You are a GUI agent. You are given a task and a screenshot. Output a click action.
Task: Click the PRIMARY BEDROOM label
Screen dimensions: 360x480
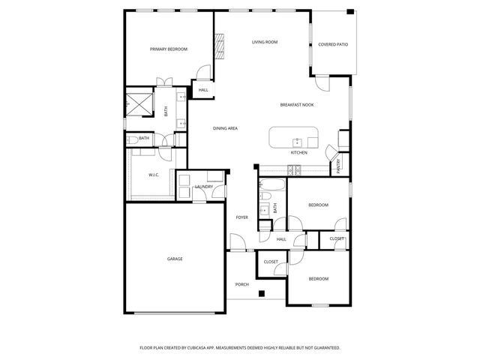(x=169, y=49)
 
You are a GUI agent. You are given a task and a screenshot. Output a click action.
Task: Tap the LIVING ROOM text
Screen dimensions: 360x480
(x=265, y=42)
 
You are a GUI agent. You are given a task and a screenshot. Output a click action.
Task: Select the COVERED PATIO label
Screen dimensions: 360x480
(x=333, y=45)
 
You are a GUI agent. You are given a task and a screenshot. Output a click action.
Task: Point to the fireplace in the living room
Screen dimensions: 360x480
(x=220, y=46)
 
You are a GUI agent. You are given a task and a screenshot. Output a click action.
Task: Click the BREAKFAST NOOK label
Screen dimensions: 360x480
(x=297, y=105)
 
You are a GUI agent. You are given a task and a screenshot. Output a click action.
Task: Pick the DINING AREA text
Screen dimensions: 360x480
(x=225, y=129)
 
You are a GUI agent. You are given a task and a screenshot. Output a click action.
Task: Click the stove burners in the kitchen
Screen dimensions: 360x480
(x=295, y=169)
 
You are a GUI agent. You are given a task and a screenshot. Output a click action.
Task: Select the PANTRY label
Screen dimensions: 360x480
(x=338, y=166)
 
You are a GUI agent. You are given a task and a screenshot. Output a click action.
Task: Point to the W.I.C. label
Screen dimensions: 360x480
(x=154, y=175)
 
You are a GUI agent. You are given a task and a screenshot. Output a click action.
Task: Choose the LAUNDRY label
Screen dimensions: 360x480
(x=204, y=187)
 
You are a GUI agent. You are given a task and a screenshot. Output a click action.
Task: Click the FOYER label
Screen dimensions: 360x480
(x=242, y=217)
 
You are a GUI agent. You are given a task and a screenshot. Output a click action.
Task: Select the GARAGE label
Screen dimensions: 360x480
(x=175, y=259)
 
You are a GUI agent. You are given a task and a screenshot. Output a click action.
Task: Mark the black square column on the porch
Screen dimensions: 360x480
(x=261, y=293)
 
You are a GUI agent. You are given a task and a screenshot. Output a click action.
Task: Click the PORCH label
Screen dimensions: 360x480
(x=242, y=284)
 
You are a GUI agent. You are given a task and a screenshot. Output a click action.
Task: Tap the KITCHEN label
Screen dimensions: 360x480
(x=299, y=153)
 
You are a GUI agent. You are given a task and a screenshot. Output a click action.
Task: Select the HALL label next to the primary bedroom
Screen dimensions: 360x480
(x=203, y=90)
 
